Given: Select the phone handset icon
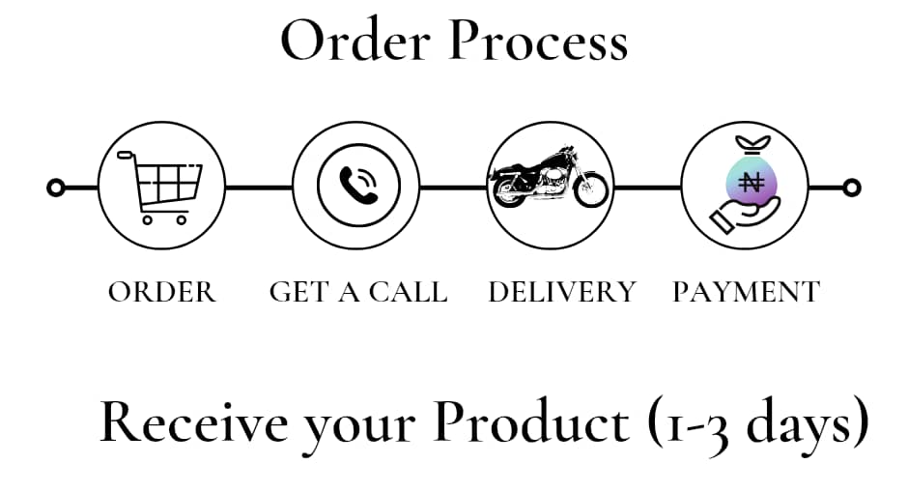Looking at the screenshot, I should [x=357, y=186].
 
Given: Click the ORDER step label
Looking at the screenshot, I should [x=162, y=292].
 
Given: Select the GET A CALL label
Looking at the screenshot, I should [x=358, y=292].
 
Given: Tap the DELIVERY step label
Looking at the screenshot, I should [x=562, y=292].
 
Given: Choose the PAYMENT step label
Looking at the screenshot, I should [x=746, y=292].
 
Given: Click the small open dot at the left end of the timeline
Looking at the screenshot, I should [x=56, y=187].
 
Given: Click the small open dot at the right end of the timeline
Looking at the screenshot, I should [x=851, y=187].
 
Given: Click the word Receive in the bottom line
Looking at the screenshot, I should [x=192, y=423].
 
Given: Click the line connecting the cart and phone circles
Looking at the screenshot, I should [x=259, y=187].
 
